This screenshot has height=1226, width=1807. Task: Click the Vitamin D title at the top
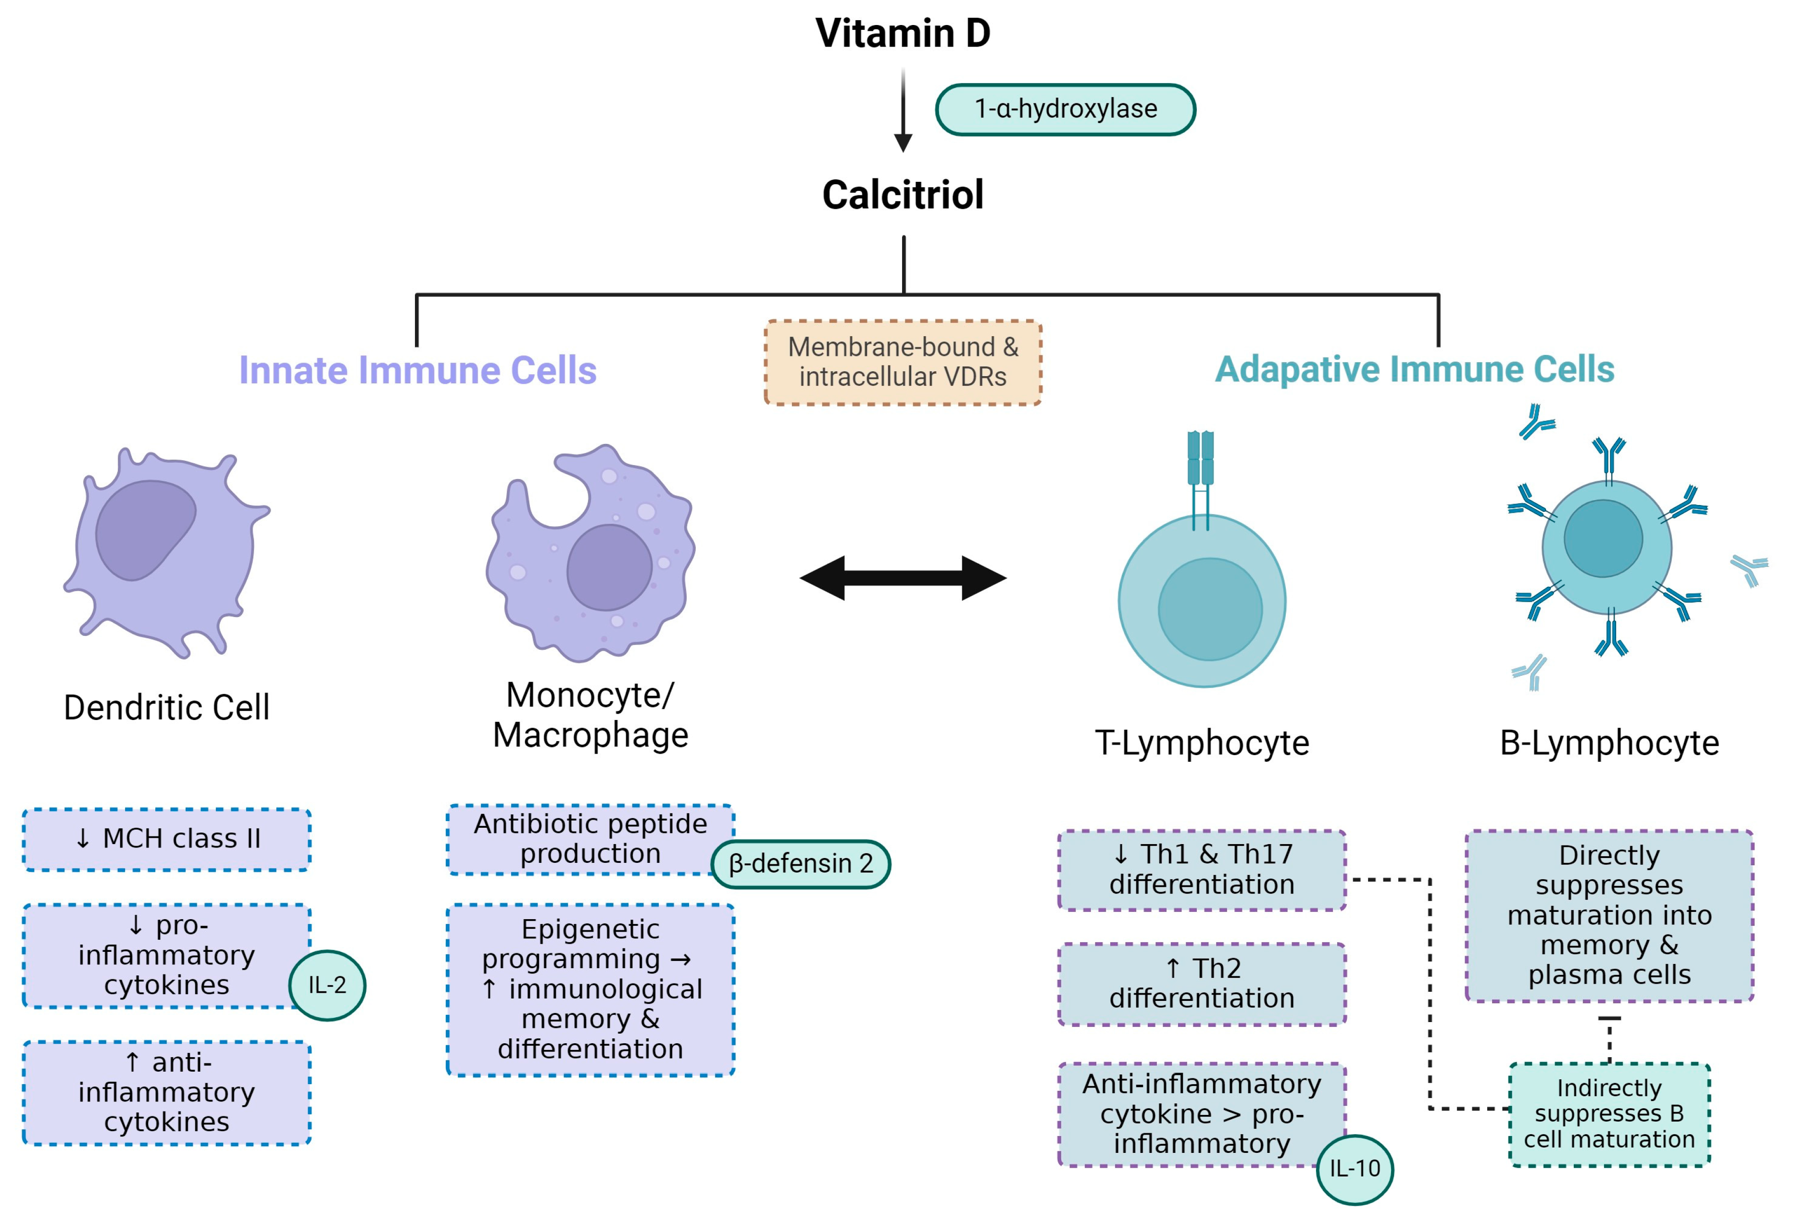click(x=903, y=34)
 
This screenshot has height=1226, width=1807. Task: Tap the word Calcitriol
click(x=903, y=194)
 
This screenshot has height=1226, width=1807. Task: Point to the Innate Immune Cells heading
click(x=417, y=370)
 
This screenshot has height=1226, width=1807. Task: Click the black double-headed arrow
click(x=903, y=578)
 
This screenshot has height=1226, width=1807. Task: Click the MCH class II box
click(x=167, y=839)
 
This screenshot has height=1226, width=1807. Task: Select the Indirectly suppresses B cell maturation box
click(x=1609, y=1114)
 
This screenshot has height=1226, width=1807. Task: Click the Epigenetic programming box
click(x=590, y=989)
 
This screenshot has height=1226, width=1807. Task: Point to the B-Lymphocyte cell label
click(x=1609, y=743)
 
